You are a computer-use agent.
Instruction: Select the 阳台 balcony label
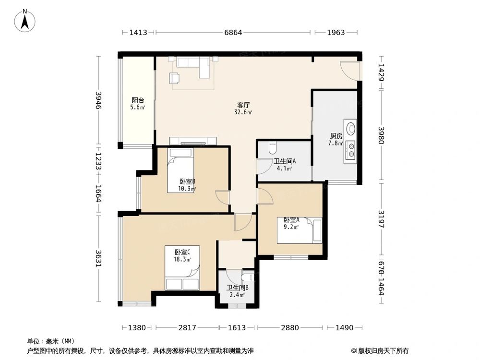pos(138,100)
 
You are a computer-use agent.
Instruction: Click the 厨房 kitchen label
pos(336,136)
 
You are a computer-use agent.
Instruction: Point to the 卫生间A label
pos(285,161)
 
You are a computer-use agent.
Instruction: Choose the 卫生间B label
pos(238,288)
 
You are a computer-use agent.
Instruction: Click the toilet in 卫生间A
pos(273,144)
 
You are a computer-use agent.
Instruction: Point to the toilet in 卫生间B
pos(247,277)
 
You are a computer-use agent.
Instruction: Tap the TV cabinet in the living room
pos(193,141)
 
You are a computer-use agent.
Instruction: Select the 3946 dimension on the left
pos(98,100)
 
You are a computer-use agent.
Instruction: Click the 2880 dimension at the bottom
pos(290,328)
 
